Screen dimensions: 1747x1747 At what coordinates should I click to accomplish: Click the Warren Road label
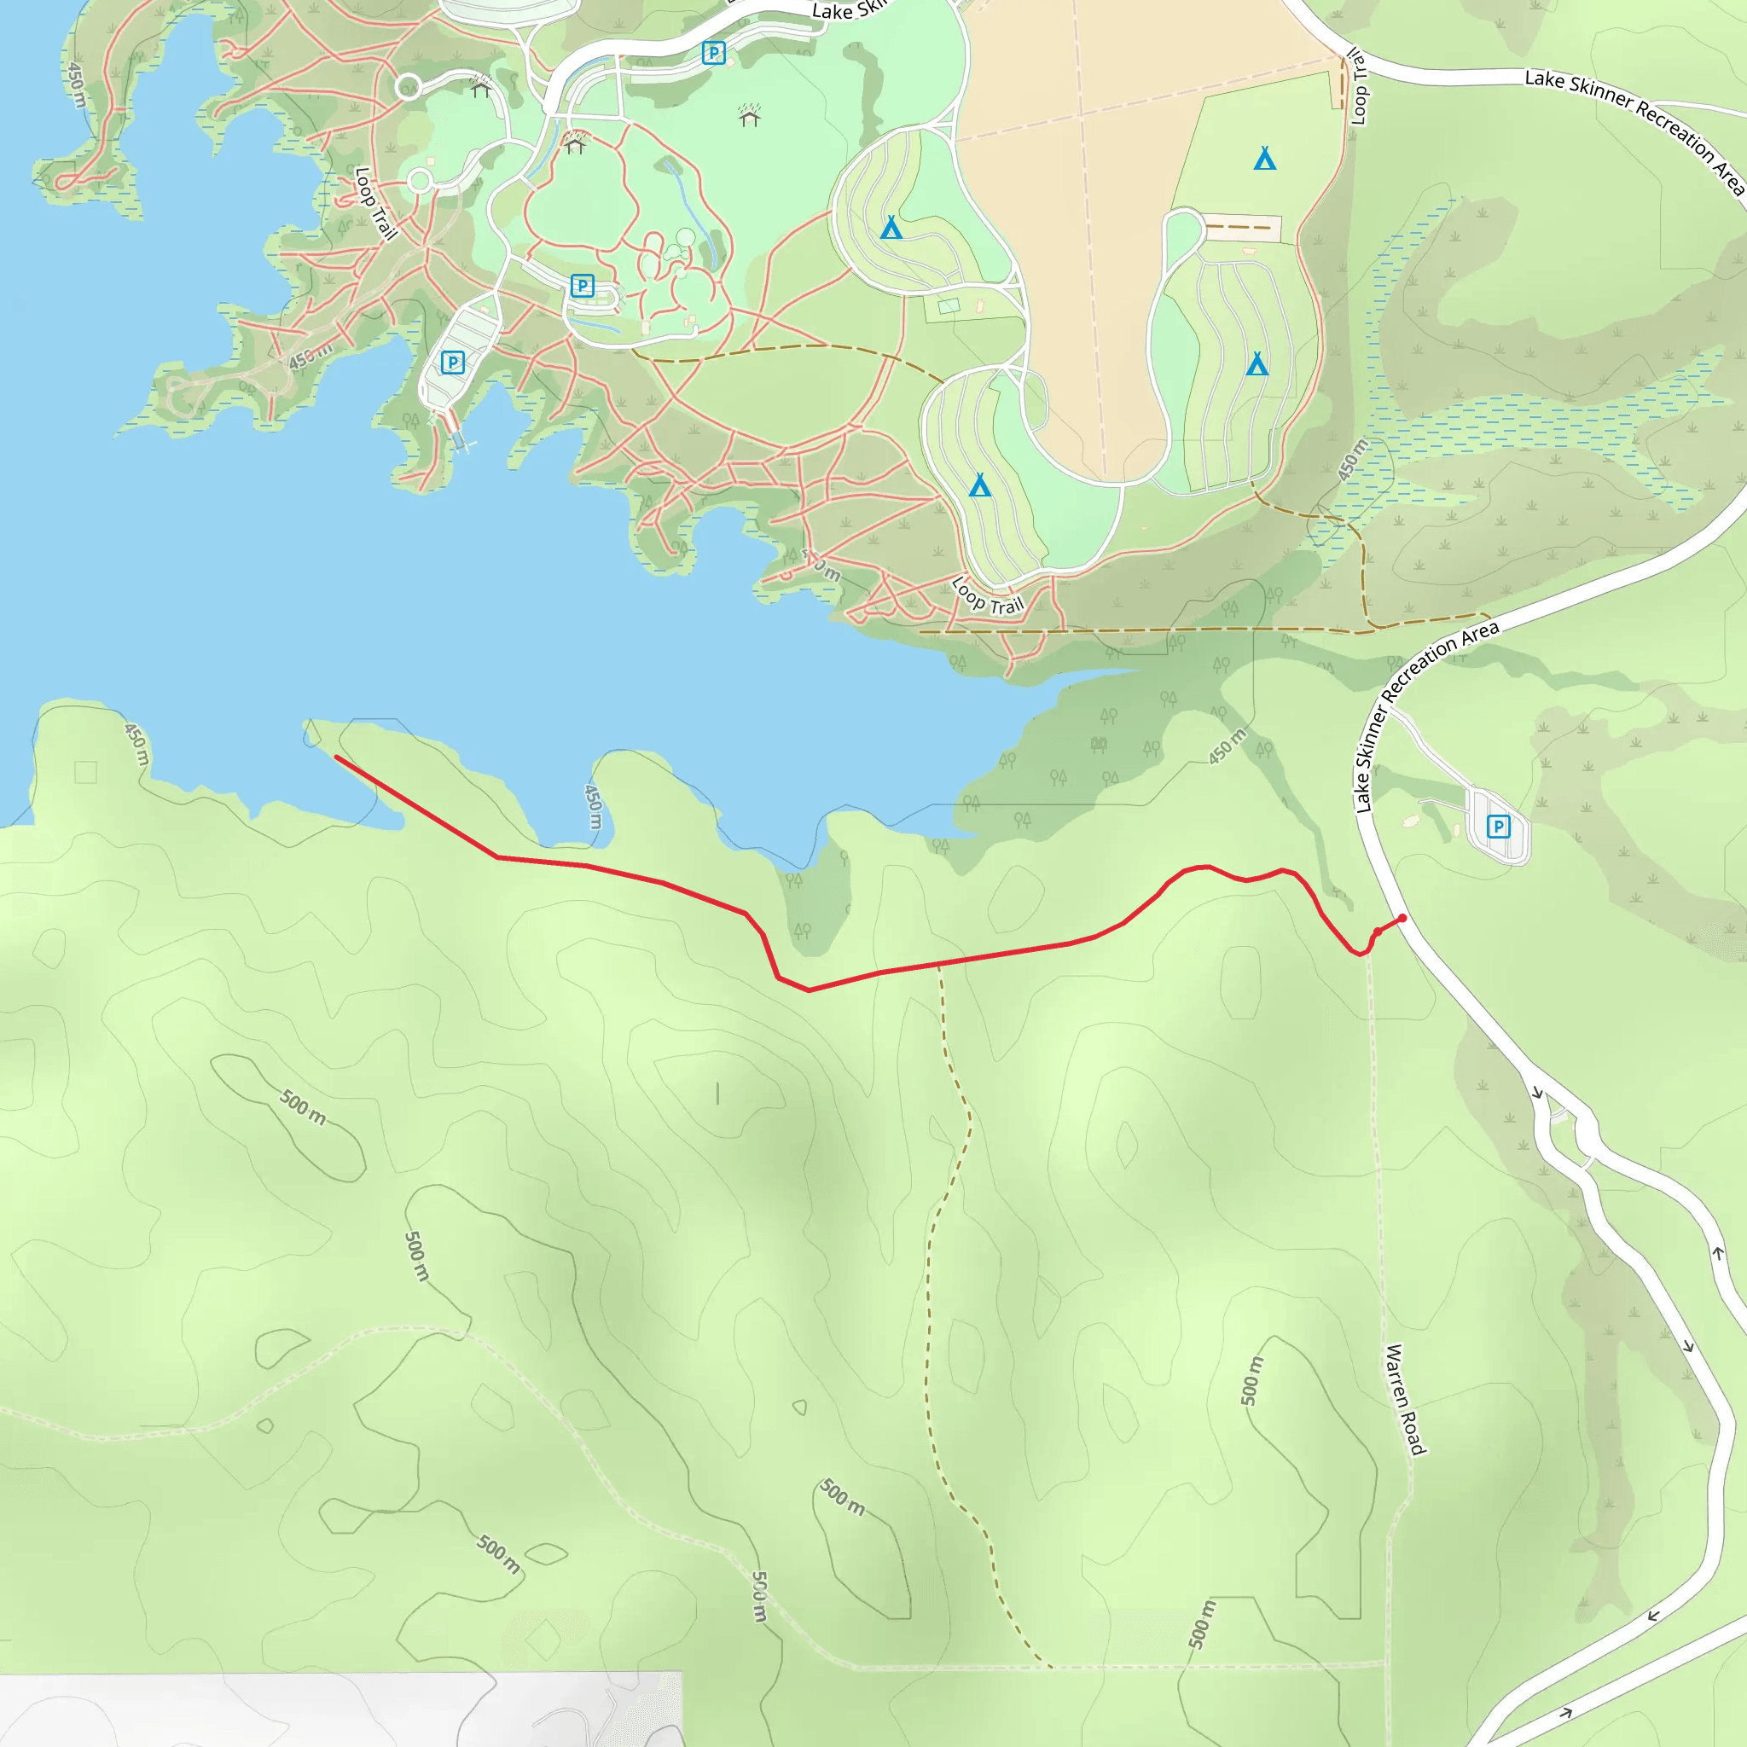pyautogui.click(x=1404, y=1400)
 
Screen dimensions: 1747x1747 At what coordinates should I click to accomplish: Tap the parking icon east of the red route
pyautogui.click(x=1498, y=826)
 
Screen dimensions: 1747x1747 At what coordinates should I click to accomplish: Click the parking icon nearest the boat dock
pyautogui.click(x=452, y=363)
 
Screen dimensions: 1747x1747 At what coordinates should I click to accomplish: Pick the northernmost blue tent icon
pyautogui.click(x=1265, y=160)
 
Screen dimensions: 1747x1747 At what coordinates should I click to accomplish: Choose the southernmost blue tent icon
pyautogui.click(x=979, y=485)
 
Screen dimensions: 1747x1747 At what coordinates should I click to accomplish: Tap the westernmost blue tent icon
pyautogui.click(x=891, y=227)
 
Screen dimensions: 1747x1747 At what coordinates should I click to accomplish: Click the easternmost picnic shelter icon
pyautogui.click(x=749, y=116)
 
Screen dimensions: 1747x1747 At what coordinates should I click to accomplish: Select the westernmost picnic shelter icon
pyautogui.click(x=481, y=87)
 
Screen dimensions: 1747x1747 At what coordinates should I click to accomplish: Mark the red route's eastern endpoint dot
pyautogui.click(x=1402, y=918)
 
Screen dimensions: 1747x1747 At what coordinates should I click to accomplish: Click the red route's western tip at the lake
pyautogui.click(x=336, y=757)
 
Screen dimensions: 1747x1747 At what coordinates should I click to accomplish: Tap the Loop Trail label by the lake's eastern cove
pyautogui.click(x=988, y=597)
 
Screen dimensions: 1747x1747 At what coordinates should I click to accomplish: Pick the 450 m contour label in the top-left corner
pyautogui.click(x=77, y=84)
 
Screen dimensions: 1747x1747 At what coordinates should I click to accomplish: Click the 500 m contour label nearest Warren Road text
pyautogui.click(x=1251, y=1381)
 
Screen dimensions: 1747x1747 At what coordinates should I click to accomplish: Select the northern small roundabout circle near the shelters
pyautogui.click(x=409, y=86)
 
